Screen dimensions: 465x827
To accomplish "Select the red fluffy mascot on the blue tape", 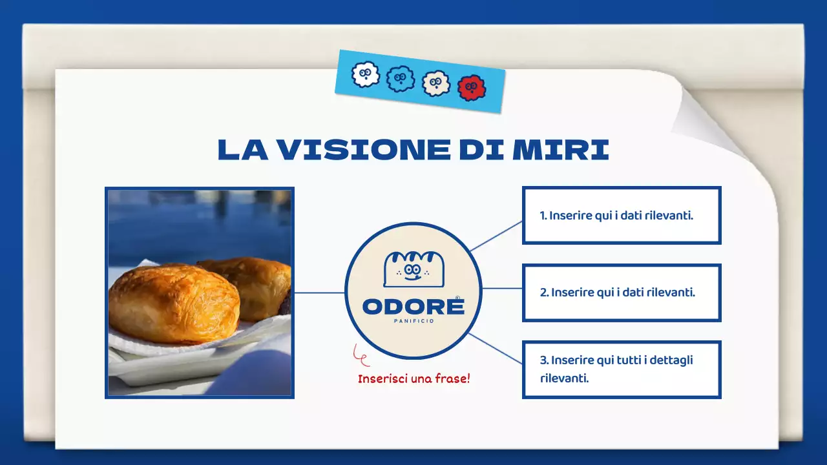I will coord(471,88).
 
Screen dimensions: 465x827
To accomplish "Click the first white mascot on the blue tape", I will coord(366,75).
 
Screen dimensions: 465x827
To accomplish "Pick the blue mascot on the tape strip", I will coord(400,79).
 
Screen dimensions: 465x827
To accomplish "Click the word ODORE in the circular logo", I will coord(413,306).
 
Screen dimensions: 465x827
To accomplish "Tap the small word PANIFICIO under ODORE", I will coord(413,321).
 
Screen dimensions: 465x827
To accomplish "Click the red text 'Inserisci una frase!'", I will coord(413,378).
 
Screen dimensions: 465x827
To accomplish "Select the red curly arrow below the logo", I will coord(361,354).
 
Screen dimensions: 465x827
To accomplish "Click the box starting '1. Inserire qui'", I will coord(621,216).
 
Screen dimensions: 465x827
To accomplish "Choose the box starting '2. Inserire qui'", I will coord(621,293).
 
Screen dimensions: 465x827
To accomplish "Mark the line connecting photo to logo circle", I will coord(319,293).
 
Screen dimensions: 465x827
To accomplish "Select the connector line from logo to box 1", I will coord(496,236).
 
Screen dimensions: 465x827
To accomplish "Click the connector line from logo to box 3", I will coord(496,349).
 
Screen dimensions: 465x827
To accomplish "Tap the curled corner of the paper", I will coord(717,123).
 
